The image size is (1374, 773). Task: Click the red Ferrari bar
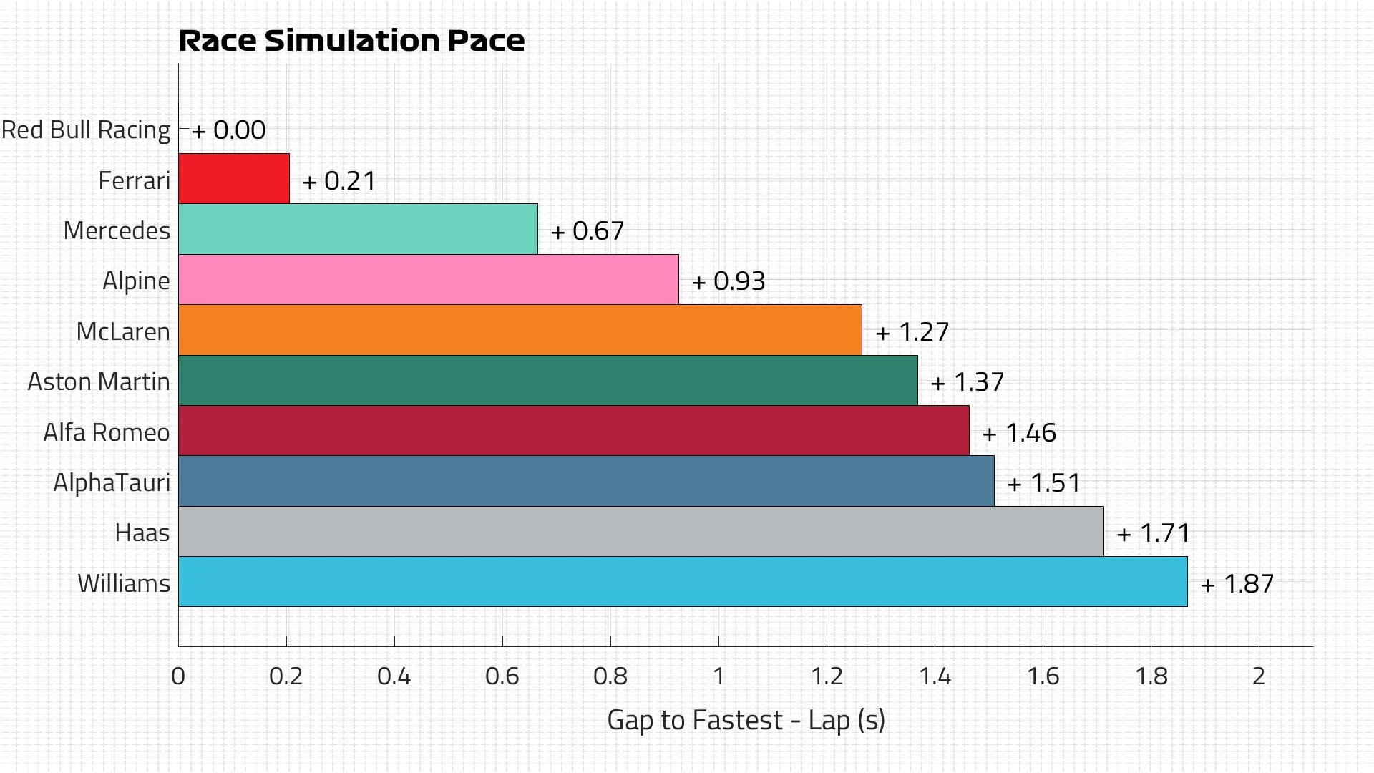coord(234,178)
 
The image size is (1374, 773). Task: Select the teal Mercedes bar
coord(358,229)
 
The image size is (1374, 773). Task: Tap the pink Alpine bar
coord(428,279)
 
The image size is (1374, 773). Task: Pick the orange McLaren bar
coord(520,329)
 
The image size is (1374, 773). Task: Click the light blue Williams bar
coord(683,582)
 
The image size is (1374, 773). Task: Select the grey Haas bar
coord(640,531)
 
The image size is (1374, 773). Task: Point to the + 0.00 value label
coord(229,130)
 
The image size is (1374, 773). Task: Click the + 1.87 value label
coord(1237,584)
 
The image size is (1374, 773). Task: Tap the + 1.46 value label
coord(1019,433)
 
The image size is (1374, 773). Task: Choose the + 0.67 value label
coord(588,231)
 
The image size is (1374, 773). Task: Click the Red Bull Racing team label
coord(86,130)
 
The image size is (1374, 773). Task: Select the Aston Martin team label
coord(99,382)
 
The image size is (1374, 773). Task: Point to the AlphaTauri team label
coord(112,483)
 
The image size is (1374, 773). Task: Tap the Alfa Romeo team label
coord(107,433)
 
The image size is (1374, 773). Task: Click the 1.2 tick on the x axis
coord(827,676)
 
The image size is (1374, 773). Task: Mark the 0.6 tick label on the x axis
coord(502,676)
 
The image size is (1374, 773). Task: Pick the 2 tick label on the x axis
coord(1259,676)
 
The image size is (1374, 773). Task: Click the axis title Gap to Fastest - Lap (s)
coord(746,720)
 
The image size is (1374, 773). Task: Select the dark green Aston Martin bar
coord(547,380)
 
